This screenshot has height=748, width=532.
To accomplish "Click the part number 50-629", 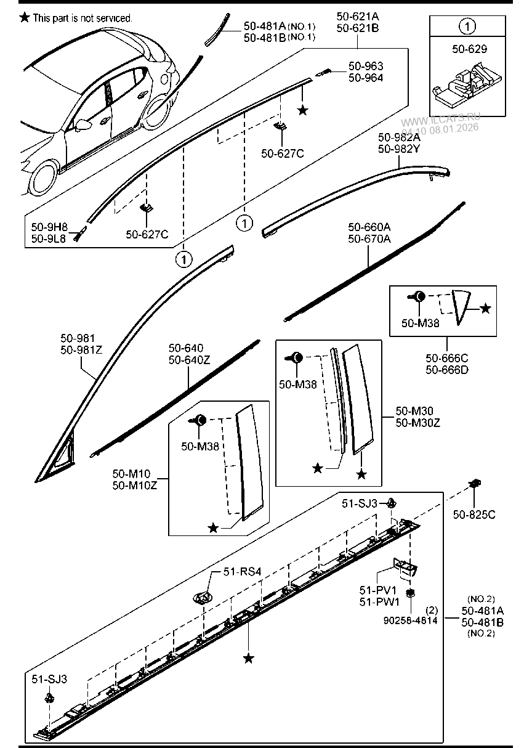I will (x=469, y=49).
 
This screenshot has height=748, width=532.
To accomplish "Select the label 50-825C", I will (x=474, y=514).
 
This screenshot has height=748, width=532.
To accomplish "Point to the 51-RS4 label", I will (x=242, y=572).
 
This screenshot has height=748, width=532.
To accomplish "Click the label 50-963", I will (x=366, y=66).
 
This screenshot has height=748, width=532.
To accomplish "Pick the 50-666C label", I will (x=447, y=359).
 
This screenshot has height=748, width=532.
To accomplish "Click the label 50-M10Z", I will (x=135, y=486).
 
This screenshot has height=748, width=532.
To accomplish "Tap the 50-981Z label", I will (x=81, y=350).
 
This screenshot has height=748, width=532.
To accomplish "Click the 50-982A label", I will (x=399, y=137).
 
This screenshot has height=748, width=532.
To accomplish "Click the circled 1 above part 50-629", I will (x=469, y=26).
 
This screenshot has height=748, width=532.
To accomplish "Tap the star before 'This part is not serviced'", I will (x=25, y=18).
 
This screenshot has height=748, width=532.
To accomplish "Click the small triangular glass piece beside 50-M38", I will (x=461, y=306).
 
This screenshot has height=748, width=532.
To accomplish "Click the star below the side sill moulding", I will (x=249, y=659).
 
